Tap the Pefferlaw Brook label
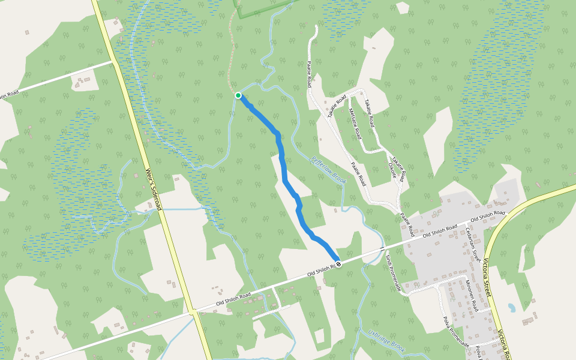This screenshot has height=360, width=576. point(330,170)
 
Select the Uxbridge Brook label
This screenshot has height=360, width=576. point(388,340)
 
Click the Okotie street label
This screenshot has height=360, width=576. point(392,170)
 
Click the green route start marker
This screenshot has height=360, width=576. point(238,95)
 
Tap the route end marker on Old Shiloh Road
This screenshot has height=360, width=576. point(339,263)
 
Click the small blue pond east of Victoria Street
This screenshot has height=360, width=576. point(511,308)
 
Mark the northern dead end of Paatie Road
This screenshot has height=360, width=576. point(316,27)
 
